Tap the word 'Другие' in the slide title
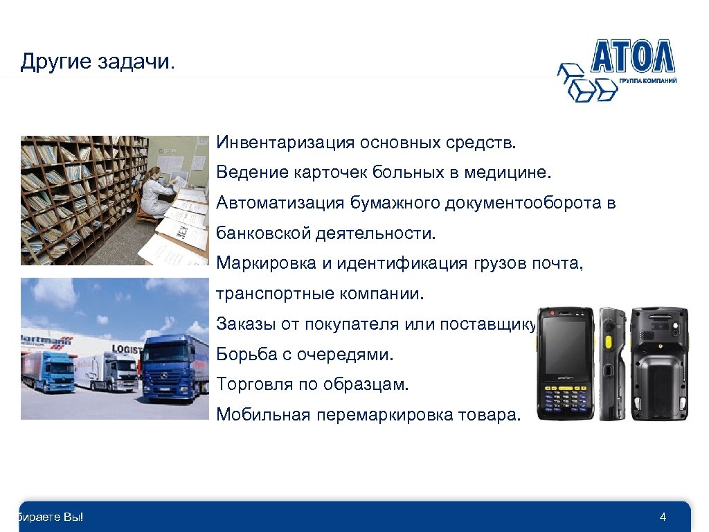click(x=55, y=62)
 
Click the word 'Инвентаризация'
click(x=285, y=143)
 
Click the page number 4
click(x=663, y=517)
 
